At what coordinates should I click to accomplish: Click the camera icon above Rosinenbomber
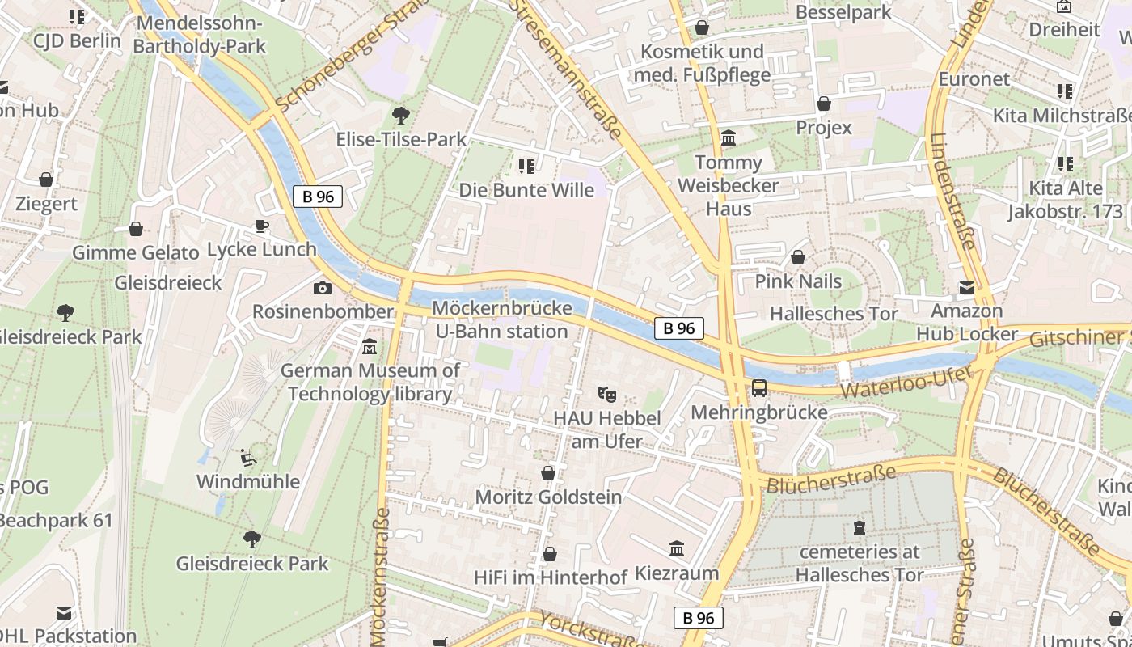[322, 288]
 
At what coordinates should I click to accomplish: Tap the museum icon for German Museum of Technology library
[370, 346]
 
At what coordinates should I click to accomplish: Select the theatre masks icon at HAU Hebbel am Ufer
[607, 395]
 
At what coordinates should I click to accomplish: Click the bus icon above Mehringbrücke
[758, 388]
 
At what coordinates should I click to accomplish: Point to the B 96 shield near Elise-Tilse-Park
[318, 196]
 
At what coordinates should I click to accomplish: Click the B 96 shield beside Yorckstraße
[698, 618]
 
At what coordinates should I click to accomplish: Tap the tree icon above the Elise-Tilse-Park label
[400, 115]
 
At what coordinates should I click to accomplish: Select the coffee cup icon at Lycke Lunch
[261, 226]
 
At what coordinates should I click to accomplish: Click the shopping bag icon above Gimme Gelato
[135, 229]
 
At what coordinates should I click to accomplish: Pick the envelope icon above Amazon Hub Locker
[966, 287]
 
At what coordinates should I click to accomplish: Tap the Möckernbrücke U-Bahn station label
[501, 319]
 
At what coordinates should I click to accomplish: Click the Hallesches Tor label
[834, 314]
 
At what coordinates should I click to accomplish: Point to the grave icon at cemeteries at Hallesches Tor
[859, 529]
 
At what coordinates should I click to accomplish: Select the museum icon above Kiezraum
[677, 549]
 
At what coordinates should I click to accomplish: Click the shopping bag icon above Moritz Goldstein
[548, 473]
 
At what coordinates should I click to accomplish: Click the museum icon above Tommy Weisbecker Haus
[728, 138]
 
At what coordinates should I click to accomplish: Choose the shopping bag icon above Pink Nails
[798, 258]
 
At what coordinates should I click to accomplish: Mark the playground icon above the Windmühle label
[249, 458]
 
